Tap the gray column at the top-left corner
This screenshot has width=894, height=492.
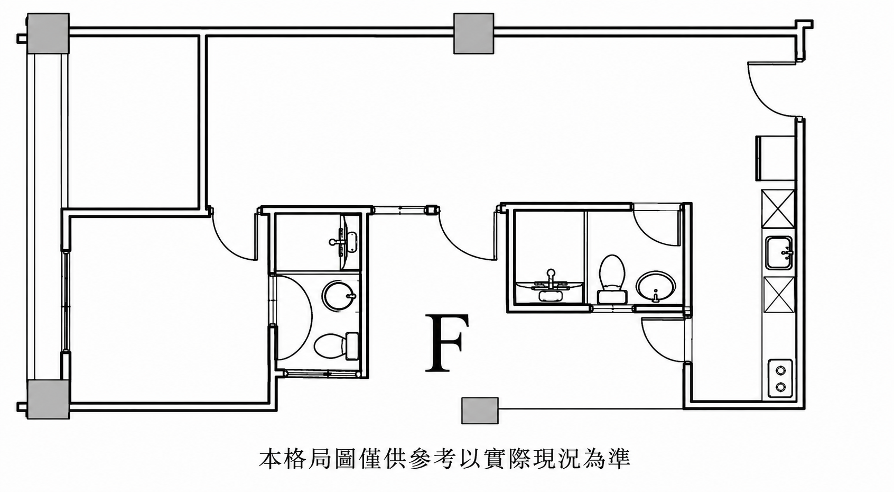[48, 33]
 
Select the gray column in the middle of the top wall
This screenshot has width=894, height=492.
[474, 33]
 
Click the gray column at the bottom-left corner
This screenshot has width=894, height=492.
[48, 399]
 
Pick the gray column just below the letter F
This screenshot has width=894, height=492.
[480, 411]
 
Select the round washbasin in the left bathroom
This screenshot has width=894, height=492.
[339, 296]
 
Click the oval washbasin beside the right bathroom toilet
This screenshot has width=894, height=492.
[656, 287]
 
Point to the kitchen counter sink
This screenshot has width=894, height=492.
[779, 253]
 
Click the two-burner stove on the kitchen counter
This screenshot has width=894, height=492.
[780, 378]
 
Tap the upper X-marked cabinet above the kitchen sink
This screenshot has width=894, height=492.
[778, 209]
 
